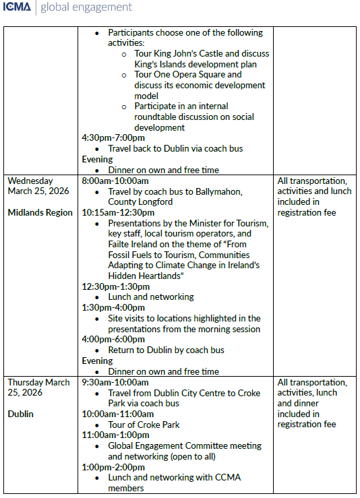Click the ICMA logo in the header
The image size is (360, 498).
pos(18,8)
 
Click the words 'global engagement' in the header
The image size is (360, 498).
pos(86,8)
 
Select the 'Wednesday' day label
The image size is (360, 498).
pos(30,181)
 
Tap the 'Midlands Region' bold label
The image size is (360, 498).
pos(40,212)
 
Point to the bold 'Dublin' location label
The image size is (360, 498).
pos(21,414)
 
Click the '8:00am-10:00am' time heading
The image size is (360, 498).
pos(115,181)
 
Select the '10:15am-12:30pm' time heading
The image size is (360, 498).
pos(118,212)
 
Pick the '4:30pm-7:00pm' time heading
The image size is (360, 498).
pos(113,137)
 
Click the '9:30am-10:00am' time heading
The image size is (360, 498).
pos(115,382)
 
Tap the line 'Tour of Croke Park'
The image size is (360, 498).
pos(144,425)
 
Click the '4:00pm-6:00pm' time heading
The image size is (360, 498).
pos(113,340)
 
